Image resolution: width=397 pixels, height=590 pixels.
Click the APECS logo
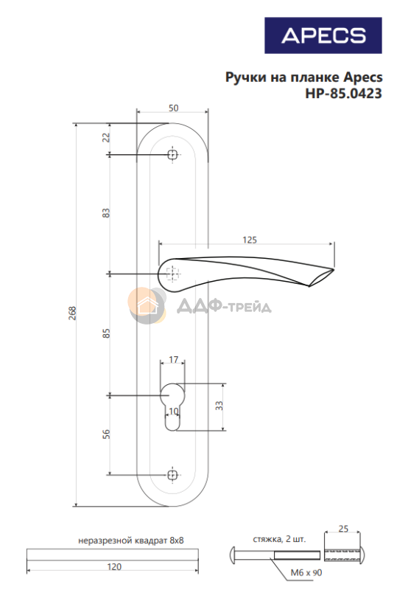click(x=323, y=35)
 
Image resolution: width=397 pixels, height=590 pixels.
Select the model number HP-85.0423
click(x=344, y=94)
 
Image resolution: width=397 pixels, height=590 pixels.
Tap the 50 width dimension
click(x=173, y=108)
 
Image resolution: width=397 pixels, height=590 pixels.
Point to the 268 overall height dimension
click(x=72, y=313)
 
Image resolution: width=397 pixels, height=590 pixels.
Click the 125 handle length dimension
click(x=250, y=240)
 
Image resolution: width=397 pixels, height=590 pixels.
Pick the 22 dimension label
click(x=106, y=137)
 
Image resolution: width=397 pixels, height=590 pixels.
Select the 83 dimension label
click(x=106, y=213)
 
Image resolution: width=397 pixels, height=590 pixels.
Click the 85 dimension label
click(x=106, y=333)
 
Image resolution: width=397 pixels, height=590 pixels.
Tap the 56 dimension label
click(x=106, y=434)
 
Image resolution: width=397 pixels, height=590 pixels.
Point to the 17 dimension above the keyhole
click(x=173, y=359)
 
